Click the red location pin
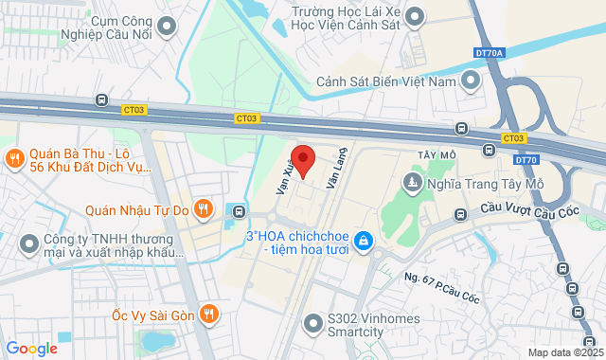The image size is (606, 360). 302,160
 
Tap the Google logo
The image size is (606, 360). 30,349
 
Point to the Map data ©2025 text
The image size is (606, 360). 564,352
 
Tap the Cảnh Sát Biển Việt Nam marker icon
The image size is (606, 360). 471,81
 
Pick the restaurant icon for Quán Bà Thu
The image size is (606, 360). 14,157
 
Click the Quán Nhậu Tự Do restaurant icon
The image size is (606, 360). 202,207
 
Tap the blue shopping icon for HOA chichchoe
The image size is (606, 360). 363,243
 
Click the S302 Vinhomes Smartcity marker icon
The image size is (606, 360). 312,324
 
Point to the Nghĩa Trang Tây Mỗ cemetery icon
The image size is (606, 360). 413,180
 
